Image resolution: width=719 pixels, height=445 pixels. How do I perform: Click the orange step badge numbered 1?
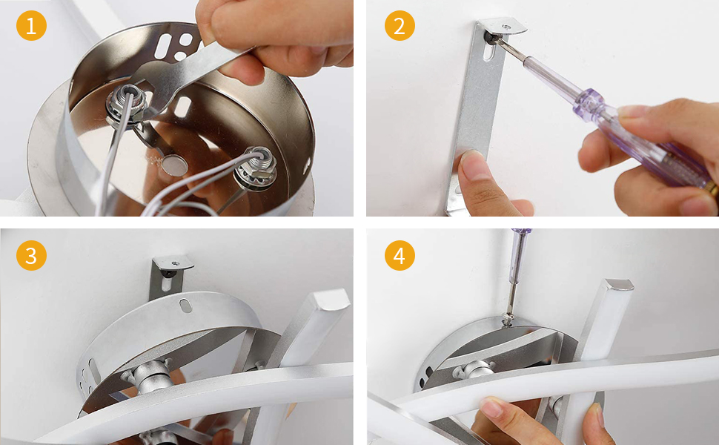pyautogui.click(x=31, y=26)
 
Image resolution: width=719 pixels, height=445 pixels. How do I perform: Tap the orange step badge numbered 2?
pyautogui.click(x=400, y=26)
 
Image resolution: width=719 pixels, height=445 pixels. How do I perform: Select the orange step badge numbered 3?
pyautogui.click(x=31, y=255)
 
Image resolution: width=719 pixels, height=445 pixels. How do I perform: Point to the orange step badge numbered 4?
pyautogui.click(x=400, y=255)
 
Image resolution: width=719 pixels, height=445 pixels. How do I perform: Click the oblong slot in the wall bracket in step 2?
pyautogui.click(x=488, y=50)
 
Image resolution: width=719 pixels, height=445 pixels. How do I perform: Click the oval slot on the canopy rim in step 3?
pyautogui.click(x=186, y=306)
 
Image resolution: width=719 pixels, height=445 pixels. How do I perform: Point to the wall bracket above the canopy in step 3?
pyautogui.click(x=169, y=275)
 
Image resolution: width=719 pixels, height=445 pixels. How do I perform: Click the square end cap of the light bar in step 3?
pyautogui.click(x=328, y=299)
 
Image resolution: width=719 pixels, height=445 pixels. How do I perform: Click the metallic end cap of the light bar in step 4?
pyautogui.click(x=618, y=285)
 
